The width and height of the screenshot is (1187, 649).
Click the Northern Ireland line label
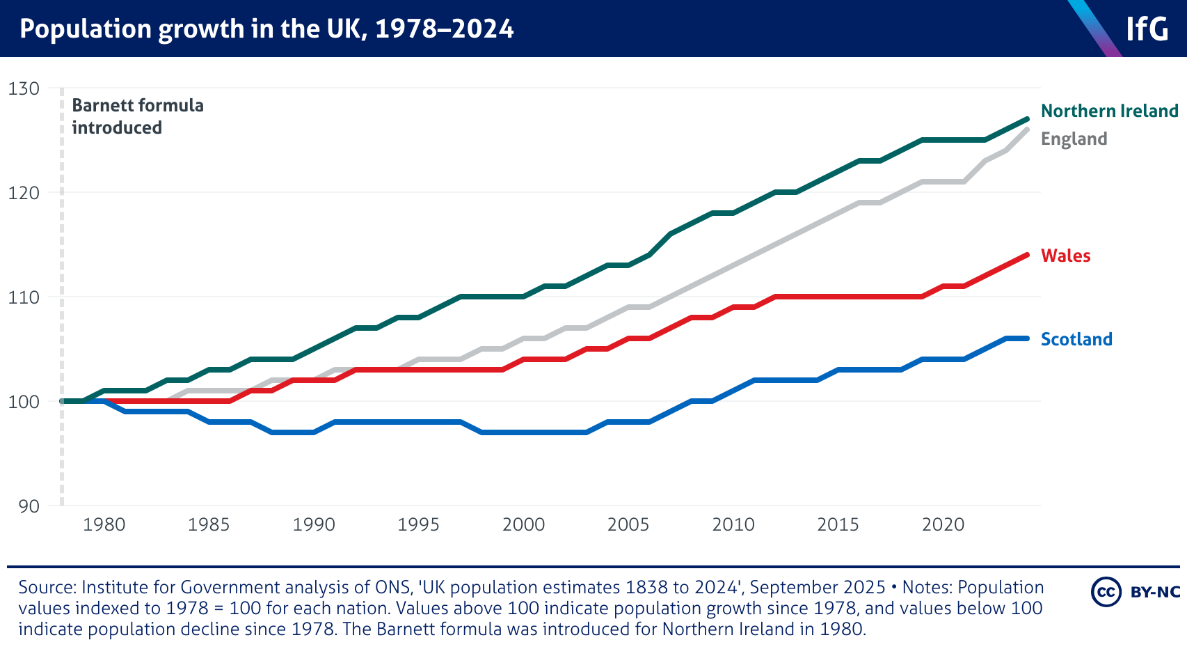[1109, 111]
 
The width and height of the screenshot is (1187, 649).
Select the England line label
[1074, 139]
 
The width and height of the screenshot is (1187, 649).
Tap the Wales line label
[1065, 256]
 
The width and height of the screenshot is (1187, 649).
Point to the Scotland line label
[1076, 339]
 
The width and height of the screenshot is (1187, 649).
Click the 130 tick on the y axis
[24, 88]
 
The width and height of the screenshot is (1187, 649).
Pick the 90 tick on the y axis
[29, 506]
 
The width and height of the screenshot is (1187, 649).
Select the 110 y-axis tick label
[24, 297]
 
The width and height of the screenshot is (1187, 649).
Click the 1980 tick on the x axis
[104, 524]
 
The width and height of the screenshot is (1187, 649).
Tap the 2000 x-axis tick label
[523, 524]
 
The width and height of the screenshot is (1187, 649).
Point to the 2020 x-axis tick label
[943, 524]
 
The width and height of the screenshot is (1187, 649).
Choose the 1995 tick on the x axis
[418, 524]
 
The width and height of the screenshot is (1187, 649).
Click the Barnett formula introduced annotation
[137, 116]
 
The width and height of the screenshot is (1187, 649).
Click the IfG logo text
[1147, 29]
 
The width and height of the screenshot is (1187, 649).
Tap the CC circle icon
[1106, 592]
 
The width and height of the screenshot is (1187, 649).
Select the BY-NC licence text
[1155, 592]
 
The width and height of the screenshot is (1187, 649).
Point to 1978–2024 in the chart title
[444, 29]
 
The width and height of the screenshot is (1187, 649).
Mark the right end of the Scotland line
[1027, 338]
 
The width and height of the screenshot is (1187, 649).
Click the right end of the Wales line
[1027, 255]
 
